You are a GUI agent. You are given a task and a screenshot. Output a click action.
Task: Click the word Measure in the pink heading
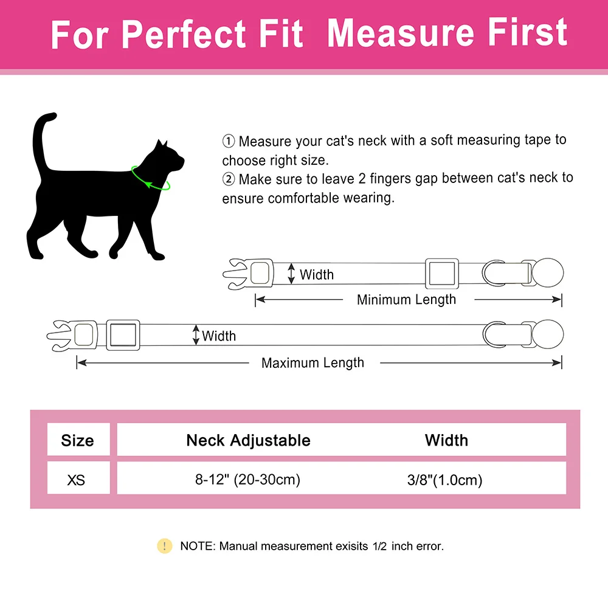point(401,33)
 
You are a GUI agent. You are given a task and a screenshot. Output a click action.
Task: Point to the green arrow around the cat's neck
point(150,179)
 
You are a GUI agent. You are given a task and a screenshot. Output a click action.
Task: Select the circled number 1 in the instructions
point(229,141)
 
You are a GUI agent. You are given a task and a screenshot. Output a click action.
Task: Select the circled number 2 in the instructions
point(229,179)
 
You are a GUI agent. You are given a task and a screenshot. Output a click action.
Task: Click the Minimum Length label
point(406,300)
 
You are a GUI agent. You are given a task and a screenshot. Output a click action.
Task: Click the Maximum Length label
point(313,363)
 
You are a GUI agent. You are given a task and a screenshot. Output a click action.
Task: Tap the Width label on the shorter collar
point(316,275)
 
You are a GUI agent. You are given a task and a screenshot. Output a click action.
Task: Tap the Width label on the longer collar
point(219,336)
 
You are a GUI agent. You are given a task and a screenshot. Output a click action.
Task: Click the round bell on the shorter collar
point(548,272)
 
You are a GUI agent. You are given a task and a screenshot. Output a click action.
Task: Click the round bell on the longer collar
point(548,334)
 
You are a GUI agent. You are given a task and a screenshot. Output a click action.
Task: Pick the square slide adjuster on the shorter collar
point(442,274)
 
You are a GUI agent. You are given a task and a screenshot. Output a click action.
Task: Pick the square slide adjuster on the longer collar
point(123,335)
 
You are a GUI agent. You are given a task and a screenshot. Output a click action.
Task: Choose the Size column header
point(78,440)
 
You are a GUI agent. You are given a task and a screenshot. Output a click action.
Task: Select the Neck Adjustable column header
point(248,440)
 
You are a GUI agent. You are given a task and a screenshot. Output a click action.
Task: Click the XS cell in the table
point(76,480)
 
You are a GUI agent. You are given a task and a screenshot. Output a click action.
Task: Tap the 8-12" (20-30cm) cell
point(248,480)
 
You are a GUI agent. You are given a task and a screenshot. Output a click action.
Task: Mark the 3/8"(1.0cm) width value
point(445,480)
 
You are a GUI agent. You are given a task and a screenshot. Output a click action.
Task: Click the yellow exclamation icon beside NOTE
point(164,546)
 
